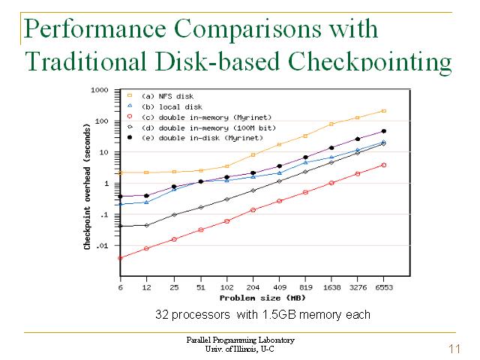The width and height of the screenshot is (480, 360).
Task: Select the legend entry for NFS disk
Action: (166, 96)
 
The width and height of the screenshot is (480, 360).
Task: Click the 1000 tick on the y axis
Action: (99, 91)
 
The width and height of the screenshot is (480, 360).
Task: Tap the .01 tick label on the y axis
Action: (102, 246)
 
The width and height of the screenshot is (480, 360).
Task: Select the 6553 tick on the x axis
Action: (383, 287)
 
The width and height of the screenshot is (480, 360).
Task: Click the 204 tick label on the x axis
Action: (253, 287)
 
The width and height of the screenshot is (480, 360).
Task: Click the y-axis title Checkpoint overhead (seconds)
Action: (88, 187)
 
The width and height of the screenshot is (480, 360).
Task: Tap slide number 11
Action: (453, 349)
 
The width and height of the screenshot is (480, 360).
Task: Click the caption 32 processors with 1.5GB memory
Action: (262, 314)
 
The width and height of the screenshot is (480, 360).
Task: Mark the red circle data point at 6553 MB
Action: (383, 165)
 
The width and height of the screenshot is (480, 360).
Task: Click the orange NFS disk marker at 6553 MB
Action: (383, 111)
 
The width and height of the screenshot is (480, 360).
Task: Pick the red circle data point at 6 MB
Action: (120, 258)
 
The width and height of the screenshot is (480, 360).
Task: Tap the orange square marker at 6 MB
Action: (120, 172)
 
